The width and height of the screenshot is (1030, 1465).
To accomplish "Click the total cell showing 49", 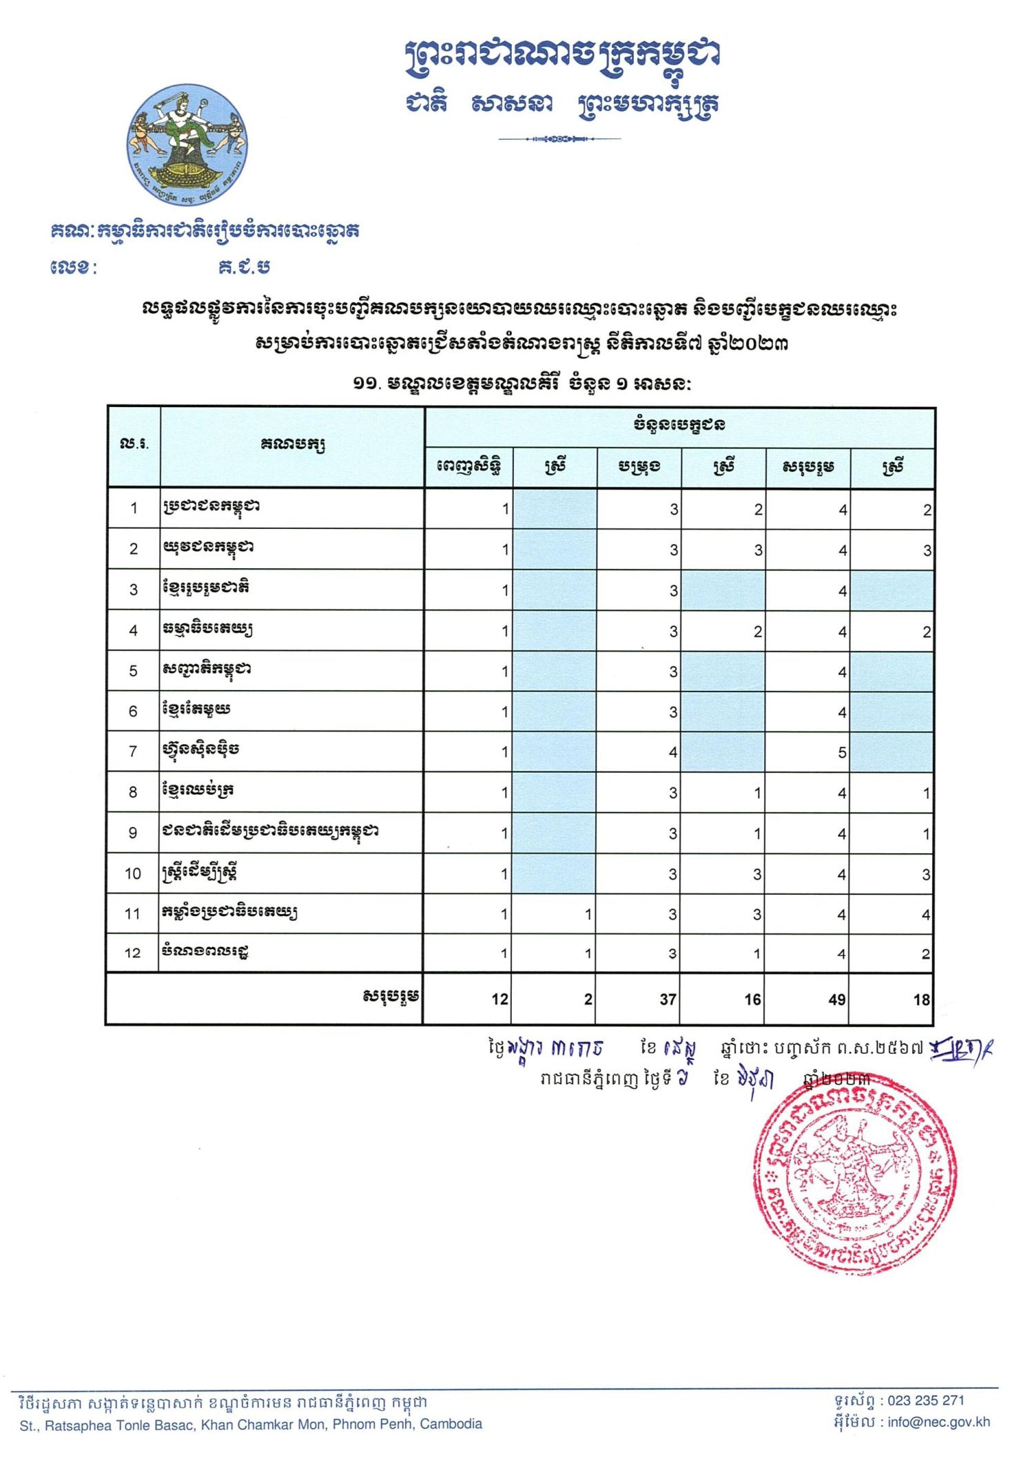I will click(836, 999).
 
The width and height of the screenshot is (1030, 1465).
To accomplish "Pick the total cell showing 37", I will click(668, 999).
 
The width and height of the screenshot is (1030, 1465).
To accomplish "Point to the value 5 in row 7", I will click(842, 753).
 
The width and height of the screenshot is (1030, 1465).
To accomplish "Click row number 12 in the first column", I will click(132, 953).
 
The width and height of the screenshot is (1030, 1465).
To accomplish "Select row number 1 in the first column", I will click(134, 509).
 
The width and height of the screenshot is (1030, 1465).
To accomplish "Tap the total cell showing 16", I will click(752, 999).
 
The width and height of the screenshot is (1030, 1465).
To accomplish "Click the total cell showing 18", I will click(922, 999).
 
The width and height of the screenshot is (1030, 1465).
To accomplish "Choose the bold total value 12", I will click(499, 999).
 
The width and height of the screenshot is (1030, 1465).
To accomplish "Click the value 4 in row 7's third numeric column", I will click(673, 753).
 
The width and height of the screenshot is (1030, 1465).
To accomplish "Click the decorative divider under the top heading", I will click(559, 139).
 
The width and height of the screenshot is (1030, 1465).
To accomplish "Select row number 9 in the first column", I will click(134, 833).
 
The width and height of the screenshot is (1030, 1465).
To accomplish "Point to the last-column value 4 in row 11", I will click(927, 915).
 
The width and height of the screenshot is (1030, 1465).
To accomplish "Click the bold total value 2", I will click(588, 999).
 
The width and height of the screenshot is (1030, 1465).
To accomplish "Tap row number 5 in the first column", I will click(134, 671).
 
